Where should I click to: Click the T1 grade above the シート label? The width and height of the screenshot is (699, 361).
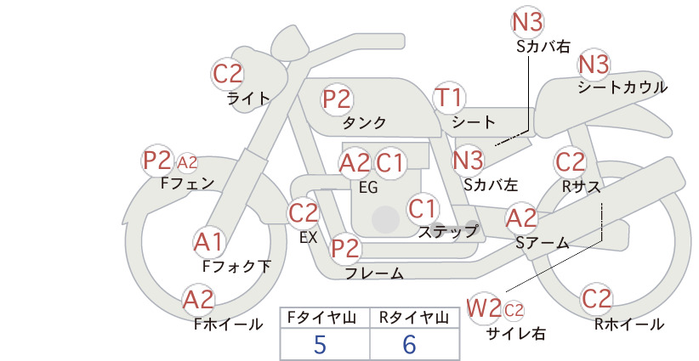[449, 97]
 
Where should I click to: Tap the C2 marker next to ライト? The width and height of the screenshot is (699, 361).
[227, 74]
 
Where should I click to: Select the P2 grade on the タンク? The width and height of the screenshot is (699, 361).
[337, 99]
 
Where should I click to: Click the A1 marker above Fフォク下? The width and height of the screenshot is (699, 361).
[208, 242]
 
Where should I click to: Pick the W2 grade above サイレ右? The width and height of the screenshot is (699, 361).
[483, 308]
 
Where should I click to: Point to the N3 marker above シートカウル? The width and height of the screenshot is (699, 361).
[594, 64]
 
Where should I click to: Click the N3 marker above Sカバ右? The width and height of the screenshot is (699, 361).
[527, 22]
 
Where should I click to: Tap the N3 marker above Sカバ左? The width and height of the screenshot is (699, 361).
[468, 161]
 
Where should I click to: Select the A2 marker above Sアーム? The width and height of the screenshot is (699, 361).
[521, 218]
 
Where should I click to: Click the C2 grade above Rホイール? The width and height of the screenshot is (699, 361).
[596, 299]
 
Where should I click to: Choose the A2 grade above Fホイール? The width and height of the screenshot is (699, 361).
[198, 300]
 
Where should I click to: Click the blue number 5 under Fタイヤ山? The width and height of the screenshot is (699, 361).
[320, 344]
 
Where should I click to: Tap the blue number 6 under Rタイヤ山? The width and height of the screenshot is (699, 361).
[409, 344]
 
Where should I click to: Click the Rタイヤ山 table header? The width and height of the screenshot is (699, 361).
[414, 318]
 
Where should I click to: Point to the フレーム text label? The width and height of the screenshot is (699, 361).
[374, 273]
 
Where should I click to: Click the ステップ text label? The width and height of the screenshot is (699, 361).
[447, 231]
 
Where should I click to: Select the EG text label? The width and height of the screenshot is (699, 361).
[368, 188]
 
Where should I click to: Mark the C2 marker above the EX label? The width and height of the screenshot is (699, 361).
[303, 212]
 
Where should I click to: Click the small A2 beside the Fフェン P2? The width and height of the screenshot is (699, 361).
[187, 162]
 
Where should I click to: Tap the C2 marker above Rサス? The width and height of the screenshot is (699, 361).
[570, 162]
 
